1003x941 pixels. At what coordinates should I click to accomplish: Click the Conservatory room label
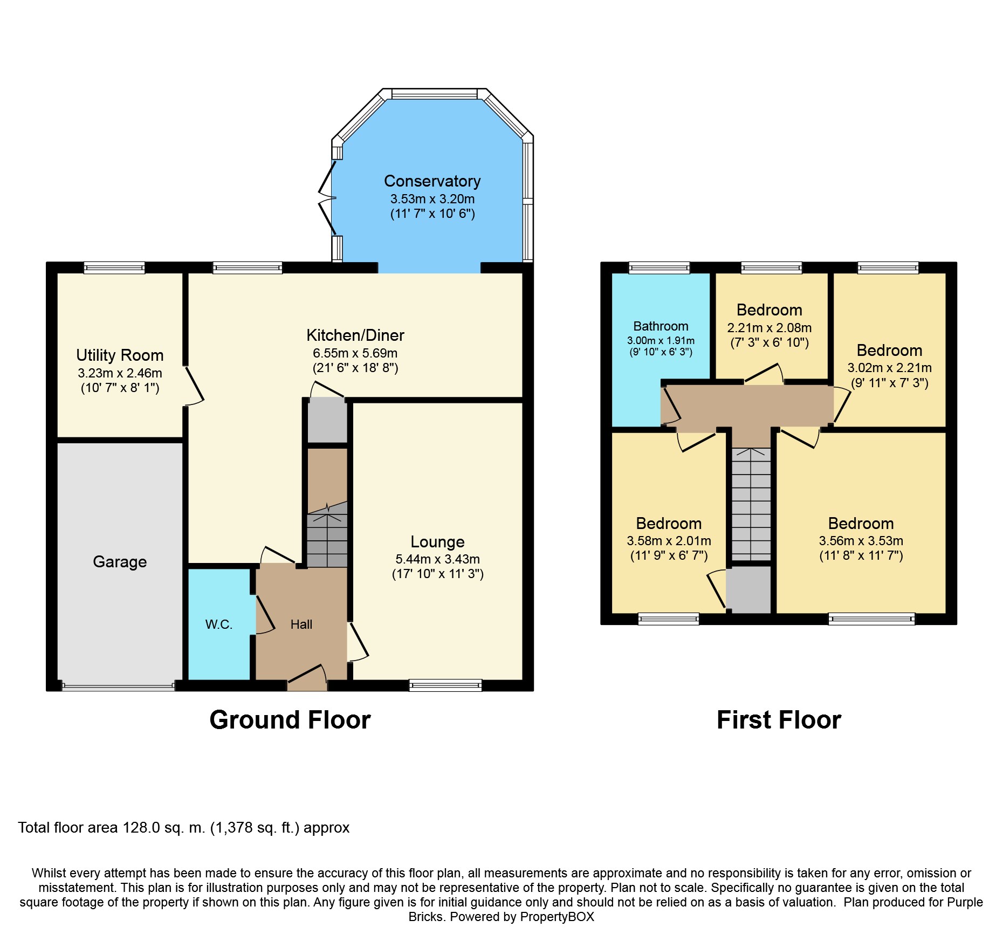click(432, 181)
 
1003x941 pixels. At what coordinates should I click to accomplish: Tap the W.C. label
click(218, 624)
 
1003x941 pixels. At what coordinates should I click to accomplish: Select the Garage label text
click(120, 562)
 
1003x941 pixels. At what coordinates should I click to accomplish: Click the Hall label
click(301, 624)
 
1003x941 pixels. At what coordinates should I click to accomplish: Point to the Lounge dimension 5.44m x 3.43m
click(437, 559)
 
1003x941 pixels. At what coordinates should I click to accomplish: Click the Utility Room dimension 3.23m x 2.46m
click(120, 373)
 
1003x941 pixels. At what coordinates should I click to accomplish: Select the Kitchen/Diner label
click(355, 335)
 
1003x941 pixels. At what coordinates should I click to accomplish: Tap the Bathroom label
click(661, 326)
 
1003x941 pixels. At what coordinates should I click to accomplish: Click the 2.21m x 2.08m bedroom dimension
click(770, 328)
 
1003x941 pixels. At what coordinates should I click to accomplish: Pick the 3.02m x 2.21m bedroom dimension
click(889, 368)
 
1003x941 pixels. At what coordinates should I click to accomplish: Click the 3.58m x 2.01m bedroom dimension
click(669, 541)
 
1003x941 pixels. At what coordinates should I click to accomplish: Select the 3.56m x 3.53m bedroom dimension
click(861, 541)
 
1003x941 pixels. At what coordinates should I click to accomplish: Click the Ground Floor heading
click(290, 720)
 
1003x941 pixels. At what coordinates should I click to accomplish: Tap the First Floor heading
click(779, 720)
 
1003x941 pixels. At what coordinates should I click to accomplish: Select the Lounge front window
click(445, 685)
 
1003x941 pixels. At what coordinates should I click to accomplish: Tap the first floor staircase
click(751, 504)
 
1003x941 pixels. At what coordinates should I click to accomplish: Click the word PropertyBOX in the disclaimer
click(557, 917)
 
